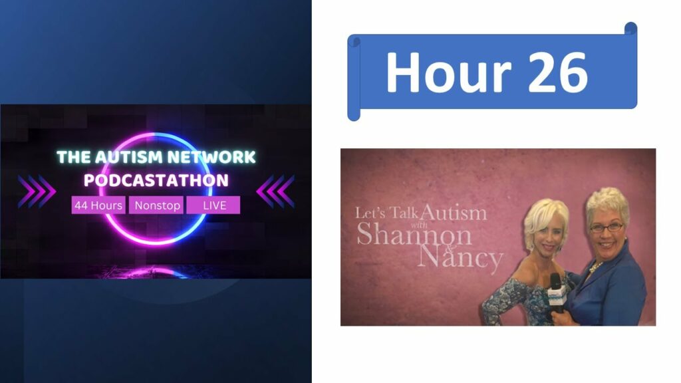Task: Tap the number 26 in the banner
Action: (x=558, y=72)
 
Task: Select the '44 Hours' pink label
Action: (x=98, y=205)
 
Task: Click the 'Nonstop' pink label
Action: (x=156, y=205)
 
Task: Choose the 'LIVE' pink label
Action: (x=213, y=205)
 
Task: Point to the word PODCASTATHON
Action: (x=156, y=180)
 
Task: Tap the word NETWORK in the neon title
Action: (x=212, y=157)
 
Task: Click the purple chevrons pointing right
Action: (x=37, y=191)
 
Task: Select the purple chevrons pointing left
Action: (x=275, y=191)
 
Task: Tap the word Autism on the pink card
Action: (x=454, y=212)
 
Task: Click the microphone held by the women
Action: (x=557, y=293)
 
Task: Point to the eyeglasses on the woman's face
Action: (x=607, y=227)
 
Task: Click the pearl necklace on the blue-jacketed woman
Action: (x=595, y=267)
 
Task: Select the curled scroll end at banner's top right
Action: (x=630, y=28)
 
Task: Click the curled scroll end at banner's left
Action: (x=354, y=78)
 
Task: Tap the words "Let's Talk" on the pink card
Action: (x=386, y=213)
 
